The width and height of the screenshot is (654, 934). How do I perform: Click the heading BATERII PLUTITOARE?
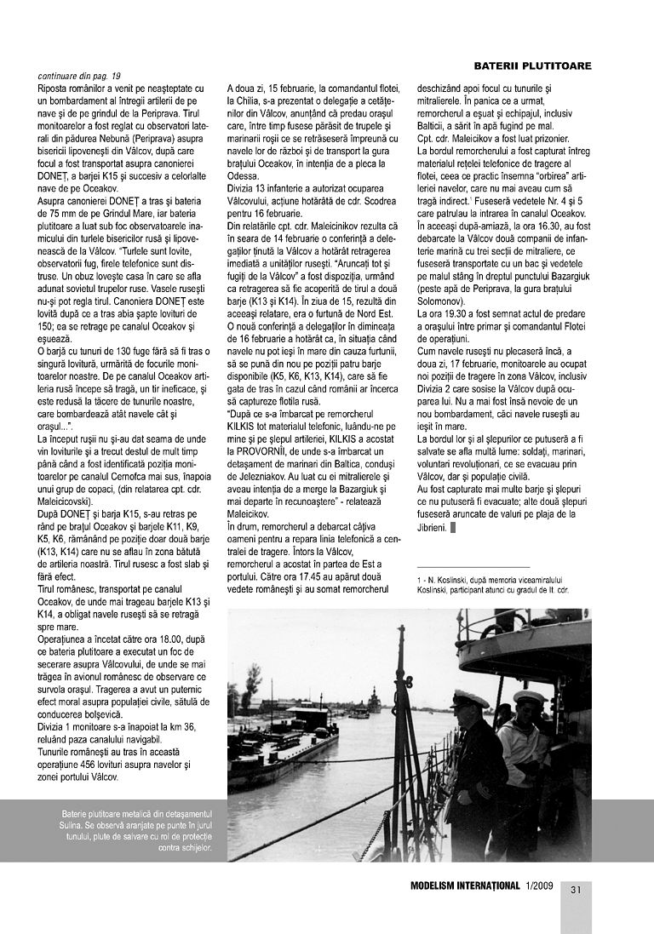[x=532, y=66]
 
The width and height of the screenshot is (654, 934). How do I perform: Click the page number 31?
[x=576, y=890]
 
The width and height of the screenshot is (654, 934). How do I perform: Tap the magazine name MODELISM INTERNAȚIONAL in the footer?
[x=464, y=887]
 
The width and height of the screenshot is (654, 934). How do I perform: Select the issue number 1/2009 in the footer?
[x=539, y=887]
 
